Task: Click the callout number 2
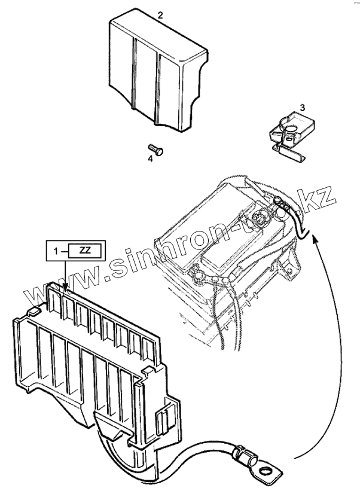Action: pos(160,16)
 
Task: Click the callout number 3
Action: pos(302,108)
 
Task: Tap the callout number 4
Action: pos(151,158)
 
